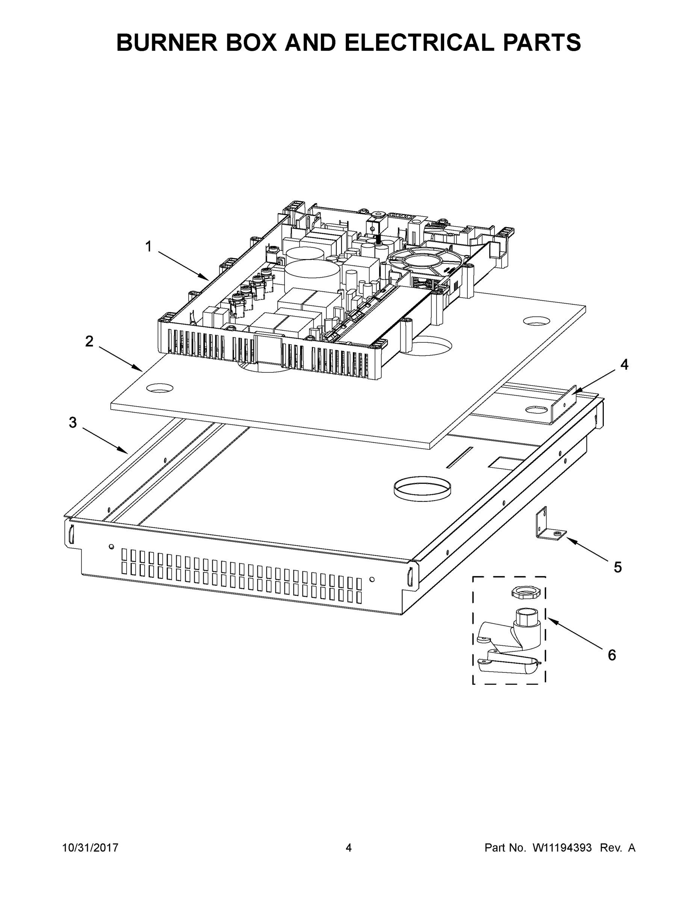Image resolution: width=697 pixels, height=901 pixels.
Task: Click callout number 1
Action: (148, 247)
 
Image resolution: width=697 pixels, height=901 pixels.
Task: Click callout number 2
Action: (89, 341)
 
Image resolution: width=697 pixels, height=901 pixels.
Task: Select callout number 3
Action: (73, 422)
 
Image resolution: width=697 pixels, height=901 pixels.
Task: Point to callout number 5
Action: (617, 567)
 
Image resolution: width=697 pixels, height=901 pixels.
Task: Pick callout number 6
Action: (612, 655)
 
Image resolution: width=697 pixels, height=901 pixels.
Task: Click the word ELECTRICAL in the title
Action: (419, 42)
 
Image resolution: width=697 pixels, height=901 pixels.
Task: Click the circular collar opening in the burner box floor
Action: (422, 487)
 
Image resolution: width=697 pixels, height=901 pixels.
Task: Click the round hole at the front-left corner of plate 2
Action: (160, 388)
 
